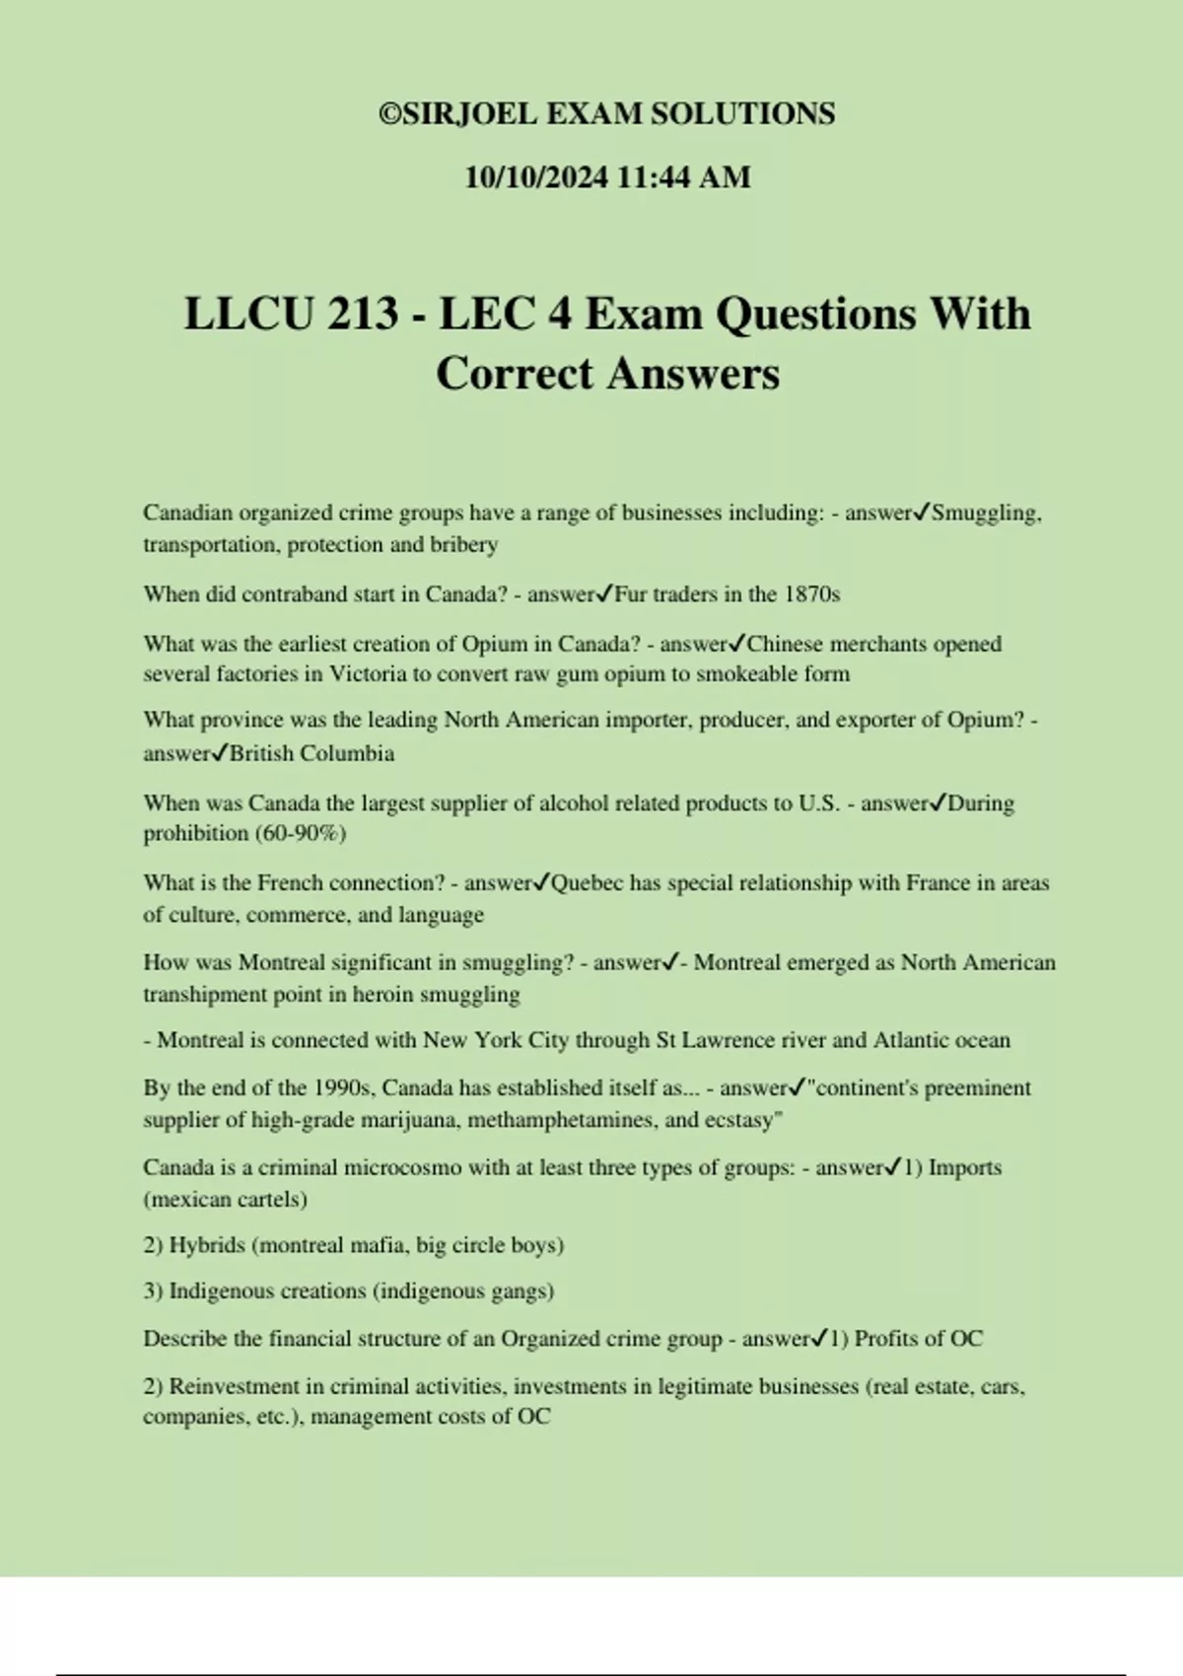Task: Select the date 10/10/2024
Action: click(x=536, y=177)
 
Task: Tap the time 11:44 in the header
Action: click(x=654, y=177)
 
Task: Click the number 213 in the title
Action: click(x=362, y=314)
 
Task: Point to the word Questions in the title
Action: click(x=817, y=314)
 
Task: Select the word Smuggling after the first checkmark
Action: click(x=984, y=513)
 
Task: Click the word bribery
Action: click(x=463, y=544)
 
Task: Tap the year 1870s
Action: click(x=811, y=594)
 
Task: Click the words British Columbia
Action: click(x=313, y=753)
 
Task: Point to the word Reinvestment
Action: click(x=235, y=1387)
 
